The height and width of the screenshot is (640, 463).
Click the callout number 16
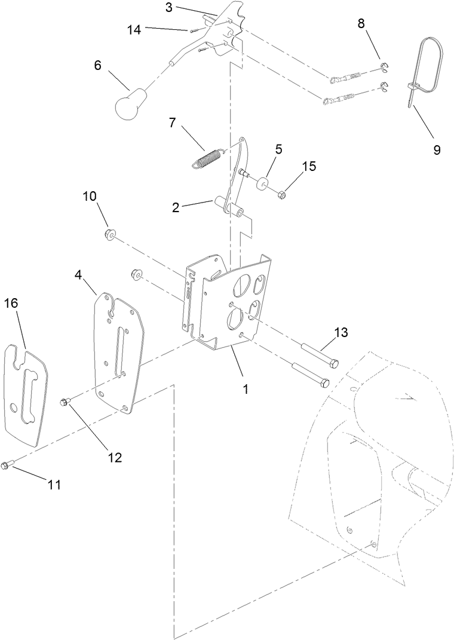pos(11,303)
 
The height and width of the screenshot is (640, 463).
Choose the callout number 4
pos(78,274)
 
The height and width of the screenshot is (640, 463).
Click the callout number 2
pos(175,207)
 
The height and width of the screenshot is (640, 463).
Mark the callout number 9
pos(437,149)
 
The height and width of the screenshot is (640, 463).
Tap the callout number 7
pos(172,123)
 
